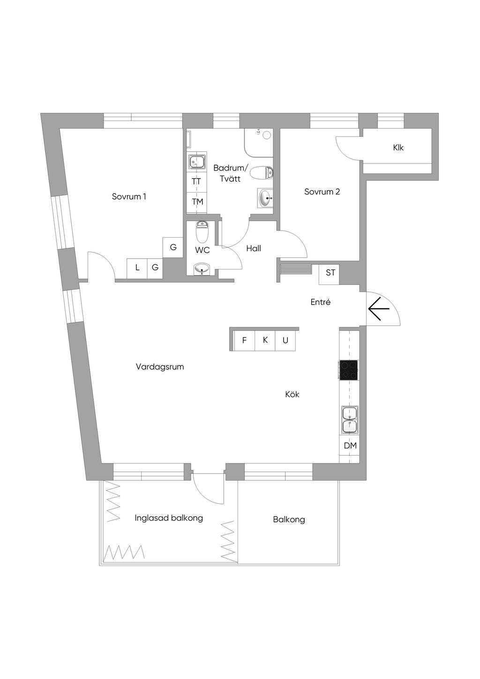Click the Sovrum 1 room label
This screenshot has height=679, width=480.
(x=129, y=197)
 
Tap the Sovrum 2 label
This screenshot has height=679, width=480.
(x=322, y=192)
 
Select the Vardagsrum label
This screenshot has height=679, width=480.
(x=160, y=367)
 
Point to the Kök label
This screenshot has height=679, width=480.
(x=292, y=395)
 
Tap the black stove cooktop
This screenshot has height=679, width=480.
(x=349, y=369)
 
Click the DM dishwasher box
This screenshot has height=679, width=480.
(x=350, y=446)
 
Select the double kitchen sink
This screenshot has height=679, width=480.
(x=350, y=420)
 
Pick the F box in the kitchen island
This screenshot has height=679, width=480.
(x=244, y=341)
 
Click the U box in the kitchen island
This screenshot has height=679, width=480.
(x=285, y=341)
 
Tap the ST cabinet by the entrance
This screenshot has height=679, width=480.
(x=330, y=273)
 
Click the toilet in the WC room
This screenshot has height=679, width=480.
(x=202, y=231)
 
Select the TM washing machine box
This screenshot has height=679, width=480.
(x=197, y=202)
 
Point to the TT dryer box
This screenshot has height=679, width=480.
(x=196, y=181)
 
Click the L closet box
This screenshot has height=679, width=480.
(x=137, y=268)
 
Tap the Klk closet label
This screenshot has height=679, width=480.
(x=398, y=148)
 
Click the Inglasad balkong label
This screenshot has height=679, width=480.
(x=169, y=518)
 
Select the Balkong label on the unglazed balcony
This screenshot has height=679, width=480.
(x=289, y=519)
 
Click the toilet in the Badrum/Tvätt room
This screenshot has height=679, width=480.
(x=262, y=173)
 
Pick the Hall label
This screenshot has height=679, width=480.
(x=254, y=248)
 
